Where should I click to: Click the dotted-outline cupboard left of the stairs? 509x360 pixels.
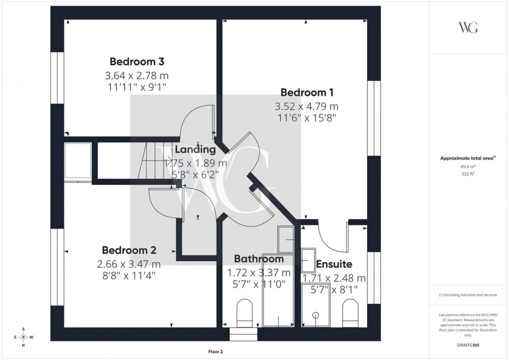(x=77, y=161)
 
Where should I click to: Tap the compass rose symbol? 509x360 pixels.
(x=23, y=337)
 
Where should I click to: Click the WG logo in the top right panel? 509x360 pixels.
(x=468, y=28)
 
